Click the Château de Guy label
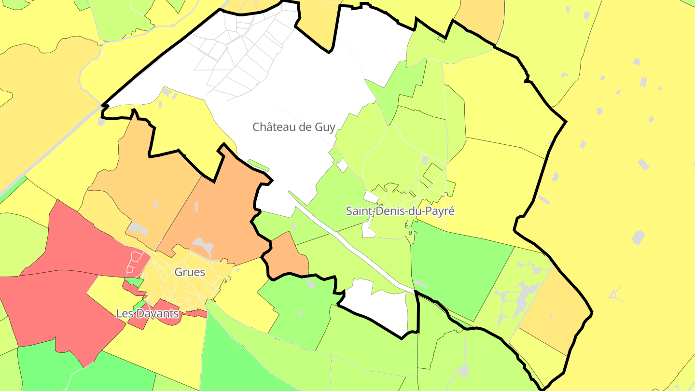pos(293,127)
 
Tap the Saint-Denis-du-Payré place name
pos(400,211)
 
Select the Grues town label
pos(190,272)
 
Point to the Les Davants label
pos(147,313)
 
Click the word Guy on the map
pos(324,127)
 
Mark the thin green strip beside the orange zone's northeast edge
pos(258,165)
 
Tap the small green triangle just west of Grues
pos(133,281)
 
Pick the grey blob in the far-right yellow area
pos(638,237)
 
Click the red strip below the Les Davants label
pos(193,314)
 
